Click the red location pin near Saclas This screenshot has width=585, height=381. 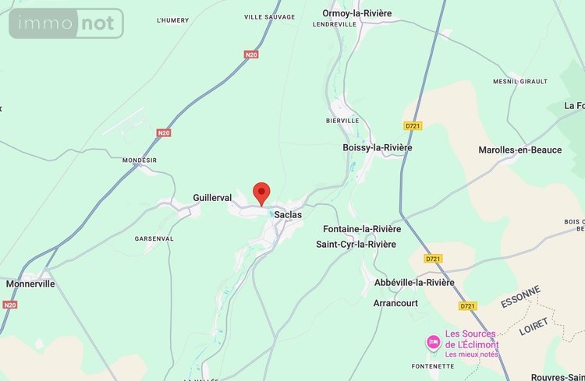pos(262,192)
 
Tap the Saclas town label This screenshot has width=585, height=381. pos(288,214)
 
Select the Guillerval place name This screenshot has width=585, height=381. pos(212,198)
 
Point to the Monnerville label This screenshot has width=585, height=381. pos(30,284)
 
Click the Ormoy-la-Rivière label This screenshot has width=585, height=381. pos(356,13)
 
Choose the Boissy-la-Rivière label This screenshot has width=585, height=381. pos(378,147)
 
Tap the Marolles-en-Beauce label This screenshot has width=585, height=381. pos(519,150)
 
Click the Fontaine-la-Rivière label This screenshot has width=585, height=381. pos(362,229)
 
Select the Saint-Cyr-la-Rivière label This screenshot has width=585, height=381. pos(356,245)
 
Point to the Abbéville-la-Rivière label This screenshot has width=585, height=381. pos(413,282)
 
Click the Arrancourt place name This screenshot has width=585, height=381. pos(395,302)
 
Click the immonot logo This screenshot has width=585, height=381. pos(66,24)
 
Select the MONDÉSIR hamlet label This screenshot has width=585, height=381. pos(140,160)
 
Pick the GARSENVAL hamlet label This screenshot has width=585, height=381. pos(154,238)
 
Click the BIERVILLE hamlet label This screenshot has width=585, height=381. pos(342,121)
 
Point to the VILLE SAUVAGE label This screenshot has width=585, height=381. pos(269,16)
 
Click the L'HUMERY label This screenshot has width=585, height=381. pos(172,19)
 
